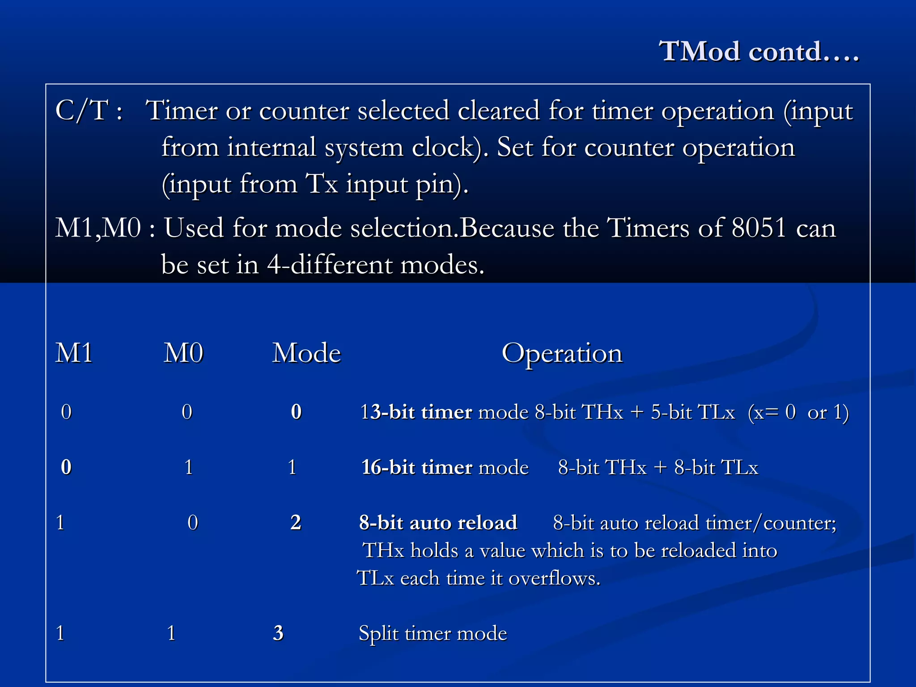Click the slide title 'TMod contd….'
tap(759, 51)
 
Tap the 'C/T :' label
tap(89, 110)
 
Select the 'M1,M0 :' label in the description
tap(106, 228)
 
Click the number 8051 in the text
tap(759, 228)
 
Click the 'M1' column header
tap(74, 353)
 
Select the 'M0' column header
tap(183, 353)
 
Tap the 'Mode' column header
tap(306, 353)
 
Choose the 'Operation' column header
tap(562, 353)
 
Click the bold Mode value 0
tap(296, 412)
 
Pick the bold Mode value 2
tap(296, 522)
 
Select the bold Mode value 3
tap(278, 633)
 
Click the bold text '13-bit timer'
tap(416, 412)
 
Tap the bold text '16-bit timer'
tap(416, 467)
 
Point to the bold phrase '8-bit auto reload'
tap(438, 522)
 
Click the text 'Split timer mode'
tap(433, 633)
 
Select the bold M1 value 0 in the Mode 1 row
tap(66, 467)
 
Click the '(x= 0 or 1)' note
tap(798, 412)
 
